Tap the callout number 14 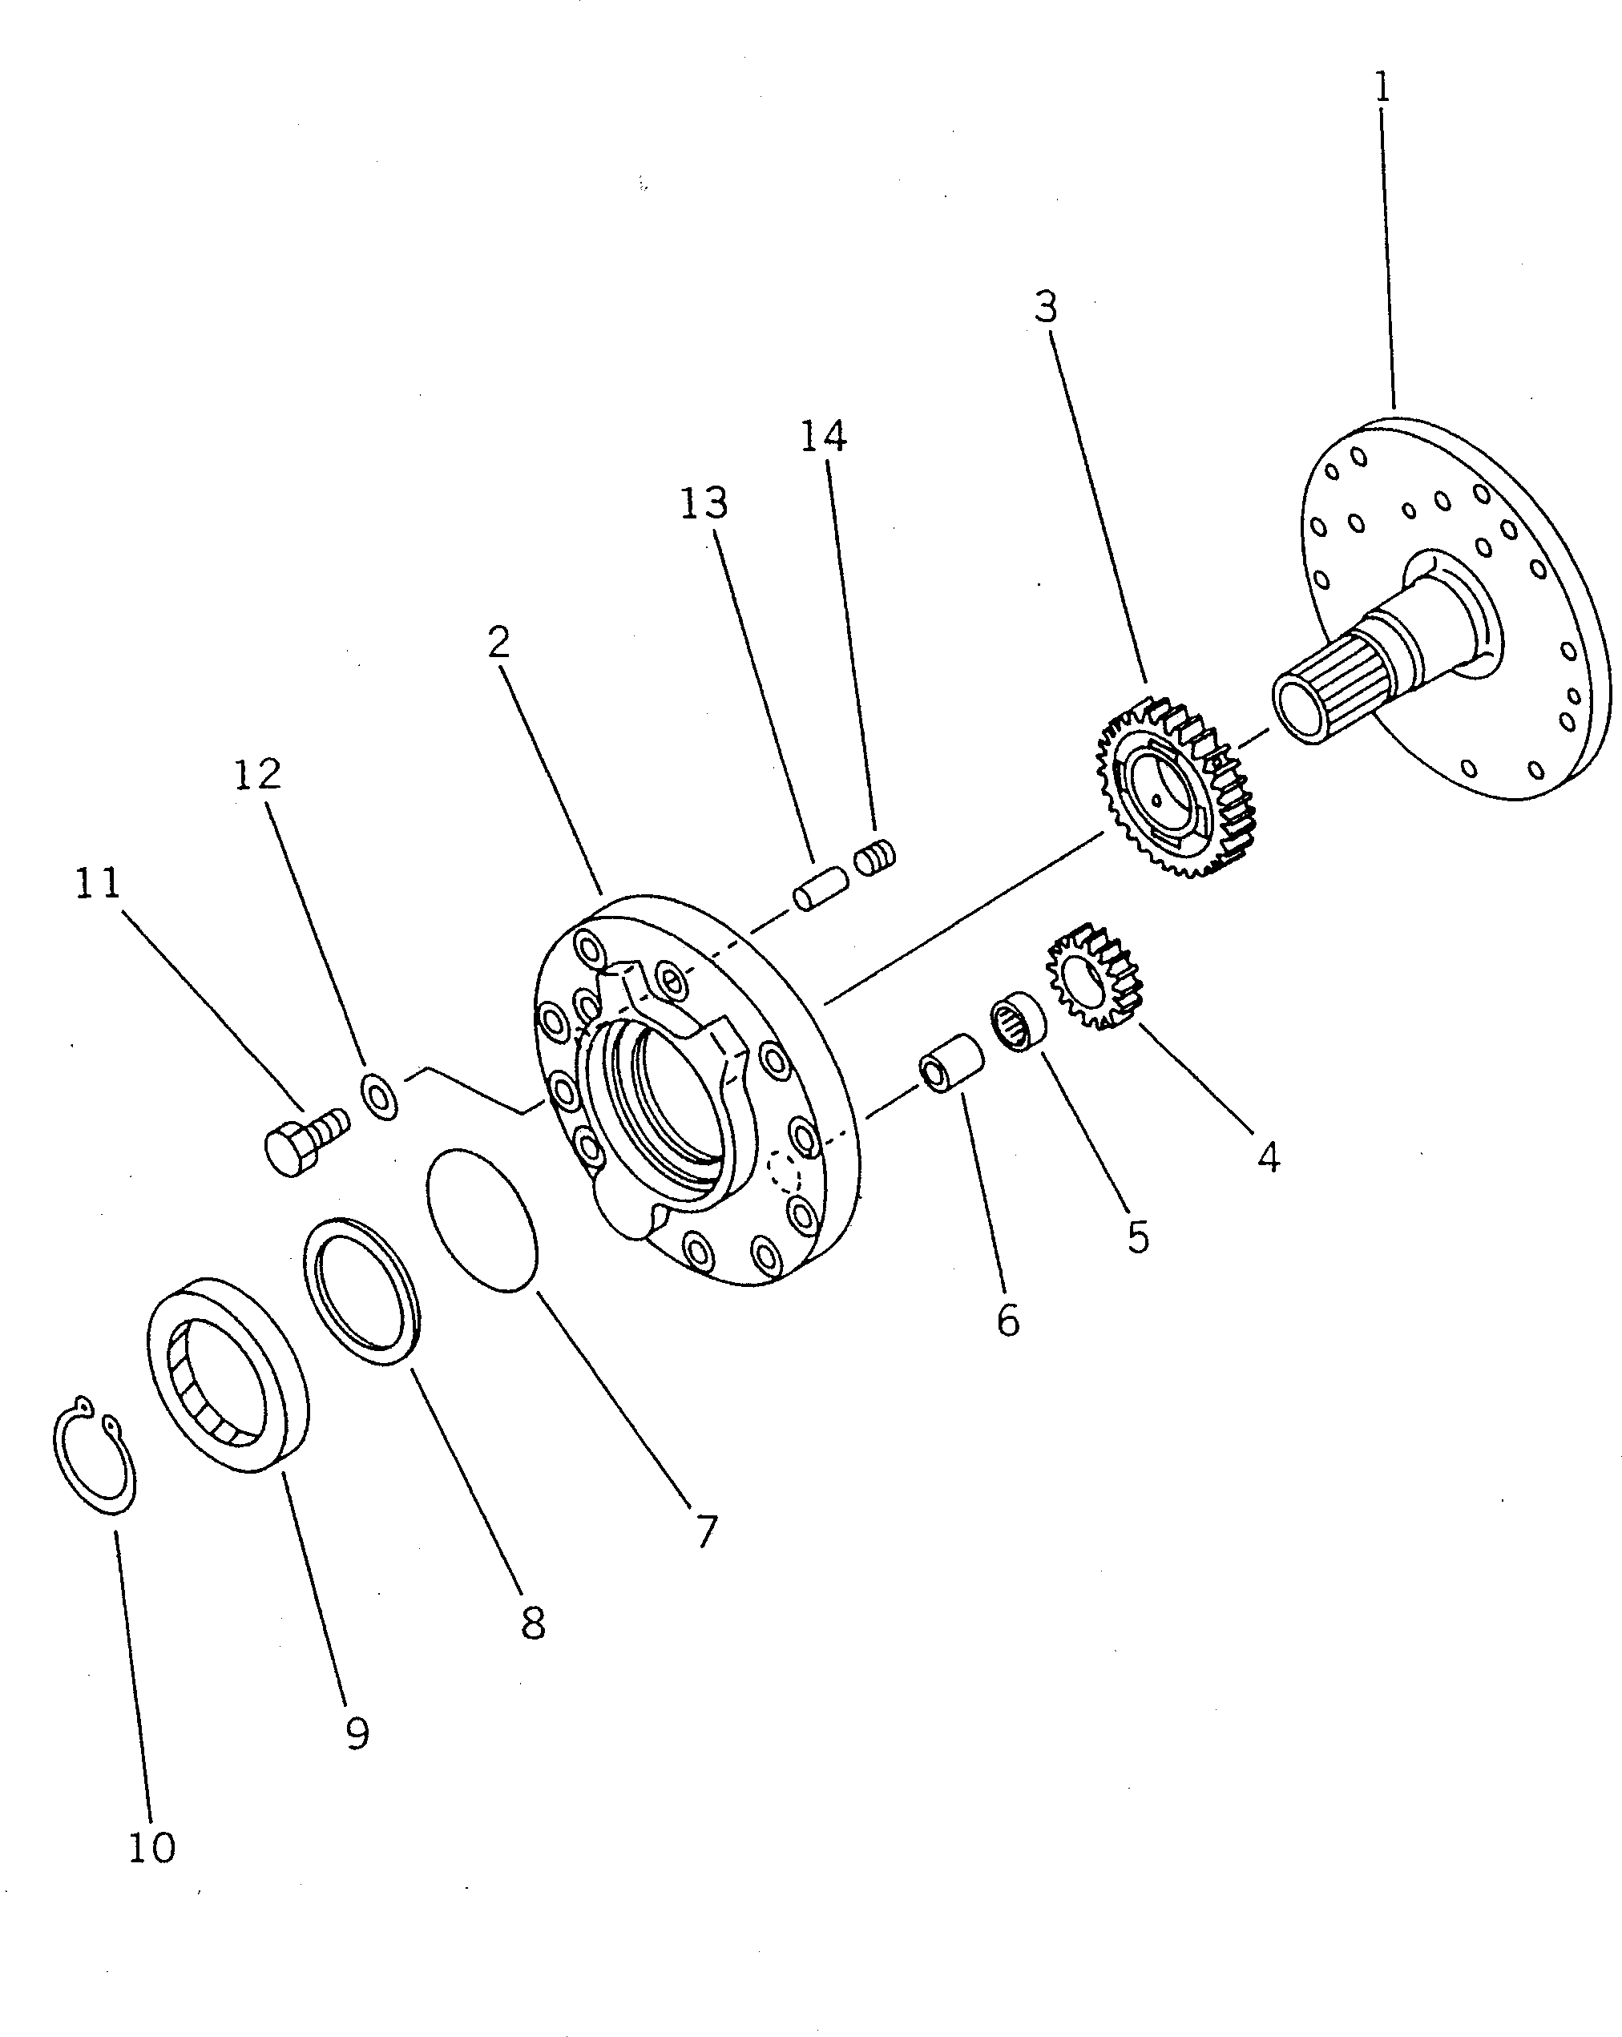click(823, 436)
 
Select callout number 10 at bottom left click(151, 1847)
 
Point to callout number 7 click(707, 1531)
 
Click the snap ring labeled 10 click(94, 1456)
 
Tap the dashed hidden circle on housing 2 click(784, 1172)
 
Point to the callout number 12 click(257, 774)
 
